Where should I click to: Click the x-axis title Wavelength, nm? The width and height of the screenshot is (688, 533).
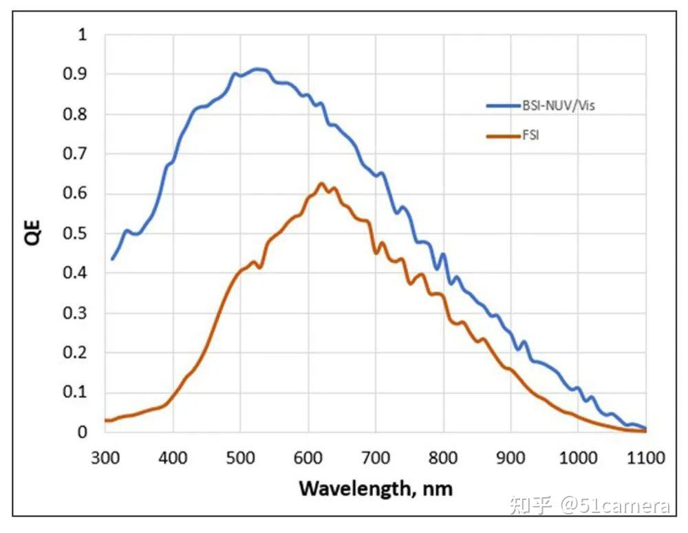376,488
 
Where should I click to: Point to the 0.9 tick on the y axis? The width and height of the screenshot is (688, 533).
79,74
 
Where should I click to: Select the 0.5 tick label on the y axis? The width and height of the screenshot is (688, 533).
79,233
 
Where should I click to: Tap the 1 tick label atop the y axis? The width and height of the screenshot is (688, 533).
83,34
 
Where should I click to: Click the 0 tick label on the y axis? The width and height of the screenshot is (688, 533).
83,432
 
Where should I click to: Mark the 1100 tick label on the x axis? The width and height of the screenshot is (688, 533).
645,457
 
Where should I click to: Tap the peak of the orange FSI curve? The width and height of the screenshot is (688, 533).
321,183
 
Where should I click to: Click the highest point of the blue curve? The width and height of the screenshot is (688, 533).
257,69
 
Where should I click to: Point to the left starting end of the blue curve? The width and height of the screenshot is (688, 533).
112,259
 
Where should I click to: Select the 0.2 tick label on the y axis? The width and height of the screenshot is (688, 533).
79,353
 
